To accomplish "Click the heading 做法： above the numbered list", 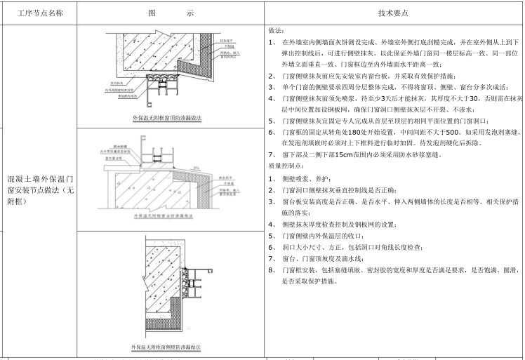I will [276, 32].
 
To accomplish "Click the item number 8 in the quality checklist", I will [271, 269].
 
